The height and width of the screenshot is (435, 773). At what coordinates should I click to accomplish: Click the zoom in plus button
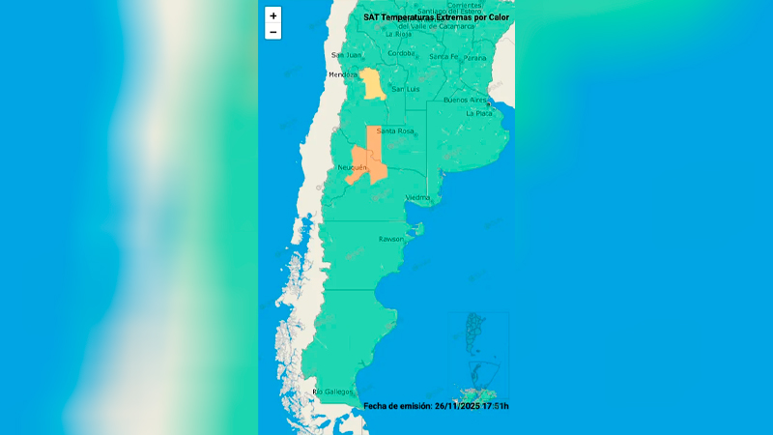pyautogui.click(x=273, y=15)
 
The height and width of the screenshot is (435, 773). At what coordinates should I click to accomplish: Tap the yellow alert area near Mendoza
pyautogui.click(x=372, y=84)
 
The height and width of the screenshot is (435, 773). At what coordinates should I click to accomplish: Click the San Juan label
pyautogui.click(x=345, y=55)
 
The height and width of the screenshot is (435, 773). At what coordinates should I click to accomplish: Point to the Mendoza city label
pyautogui.click(x=343, y=74)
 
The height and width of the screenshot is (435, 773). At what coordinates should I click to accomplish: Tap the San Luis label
pyautogui.click(x=405, y=89)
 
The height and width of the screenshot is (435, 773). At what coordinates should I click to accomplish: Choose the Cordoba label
pyautogui.click(x=400, y=53)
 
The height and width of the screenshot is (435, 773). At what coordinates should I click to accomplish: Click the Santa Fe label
pyautogui.click(x=444, y=57)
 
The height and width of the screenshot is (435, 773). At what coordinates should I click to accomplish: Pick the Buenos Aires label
pyautogui.click(x=465, y=100)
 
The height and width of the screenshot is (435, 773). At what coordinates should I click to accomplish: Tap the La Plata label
pyautogui.click(x=479, y=113)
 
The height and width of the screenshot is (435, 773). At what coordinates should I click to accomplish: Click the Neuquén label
pyautogui.click(x=354, y=167)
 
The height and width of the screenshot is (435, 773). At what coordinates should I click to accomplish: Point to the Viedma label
pyautogui.click(x=417, y=197)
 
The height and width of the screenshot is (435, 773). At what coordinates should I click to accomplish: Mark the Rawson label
pyautogui.click(x=390, y=238)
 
